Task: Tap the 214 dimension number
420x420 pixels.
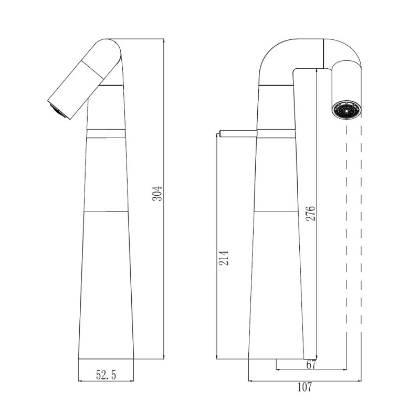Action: [224, 257]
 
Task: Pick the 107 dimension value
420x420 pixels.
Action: [304, 388]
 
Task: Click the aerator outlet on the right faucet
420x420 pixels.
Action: [347, 110]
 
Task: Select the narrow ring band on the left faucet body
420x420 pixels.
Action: [106, 132]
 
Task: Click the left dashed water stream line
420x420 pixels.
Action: [346, 236]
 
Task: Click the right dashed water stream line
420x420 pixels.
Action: [362, 236]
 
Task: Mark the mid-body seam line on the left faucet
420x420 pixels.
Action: [106, 212]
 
